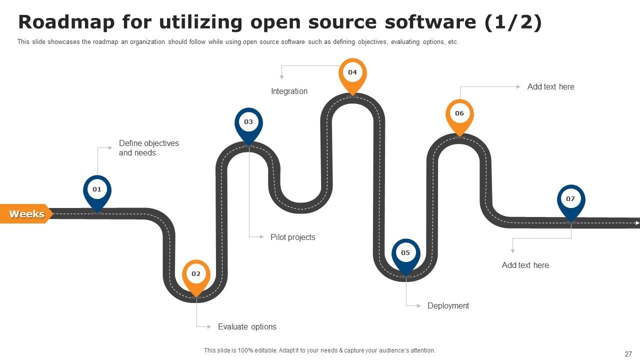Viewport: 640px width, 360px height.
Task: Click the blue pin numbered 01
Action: [x=97, y=190]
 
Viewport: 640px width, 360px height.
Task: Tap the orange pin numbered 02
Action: [x=196, y=274]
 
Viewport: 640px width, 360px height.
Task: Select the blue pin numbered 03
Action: [x=248, y=122]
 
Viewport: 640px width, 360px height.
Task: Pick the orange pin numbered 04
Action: [x=352, y=73]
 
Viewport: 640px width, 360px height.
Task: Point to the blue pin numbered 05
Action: [x=405, y=253]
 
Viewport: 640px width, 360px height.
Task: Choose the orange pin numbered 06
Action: [x=459, y=114]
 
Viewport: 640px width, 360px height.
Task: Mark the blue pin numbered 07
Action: [x=571, y=199]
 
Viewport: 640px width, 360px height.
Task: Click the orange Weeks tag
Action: [x=26, y=214]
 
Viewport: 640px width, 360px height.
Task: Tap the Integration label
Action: [x=289, y=91]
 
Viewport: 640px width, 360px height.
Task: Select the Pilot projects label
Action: [x=292, y=237]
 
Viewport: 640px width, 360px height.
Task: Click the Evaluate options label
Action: [x=247, y=326]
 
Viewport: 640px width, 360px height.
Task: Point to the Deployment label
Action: [x=448, y=305]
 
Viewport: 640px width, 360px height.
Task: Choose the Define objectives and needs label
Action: [x=148, y=148]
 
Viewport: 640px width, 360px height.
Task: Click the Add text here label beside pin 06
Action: [x=550, y=86]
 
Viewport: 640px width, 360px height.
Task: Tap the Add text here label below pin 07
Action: [x=525, y=265]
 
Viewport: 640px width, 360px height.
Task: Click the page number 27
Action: [x=628, y=354]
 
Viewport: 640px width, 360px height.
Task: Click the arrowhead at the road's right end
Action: [x=637, y=222]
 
